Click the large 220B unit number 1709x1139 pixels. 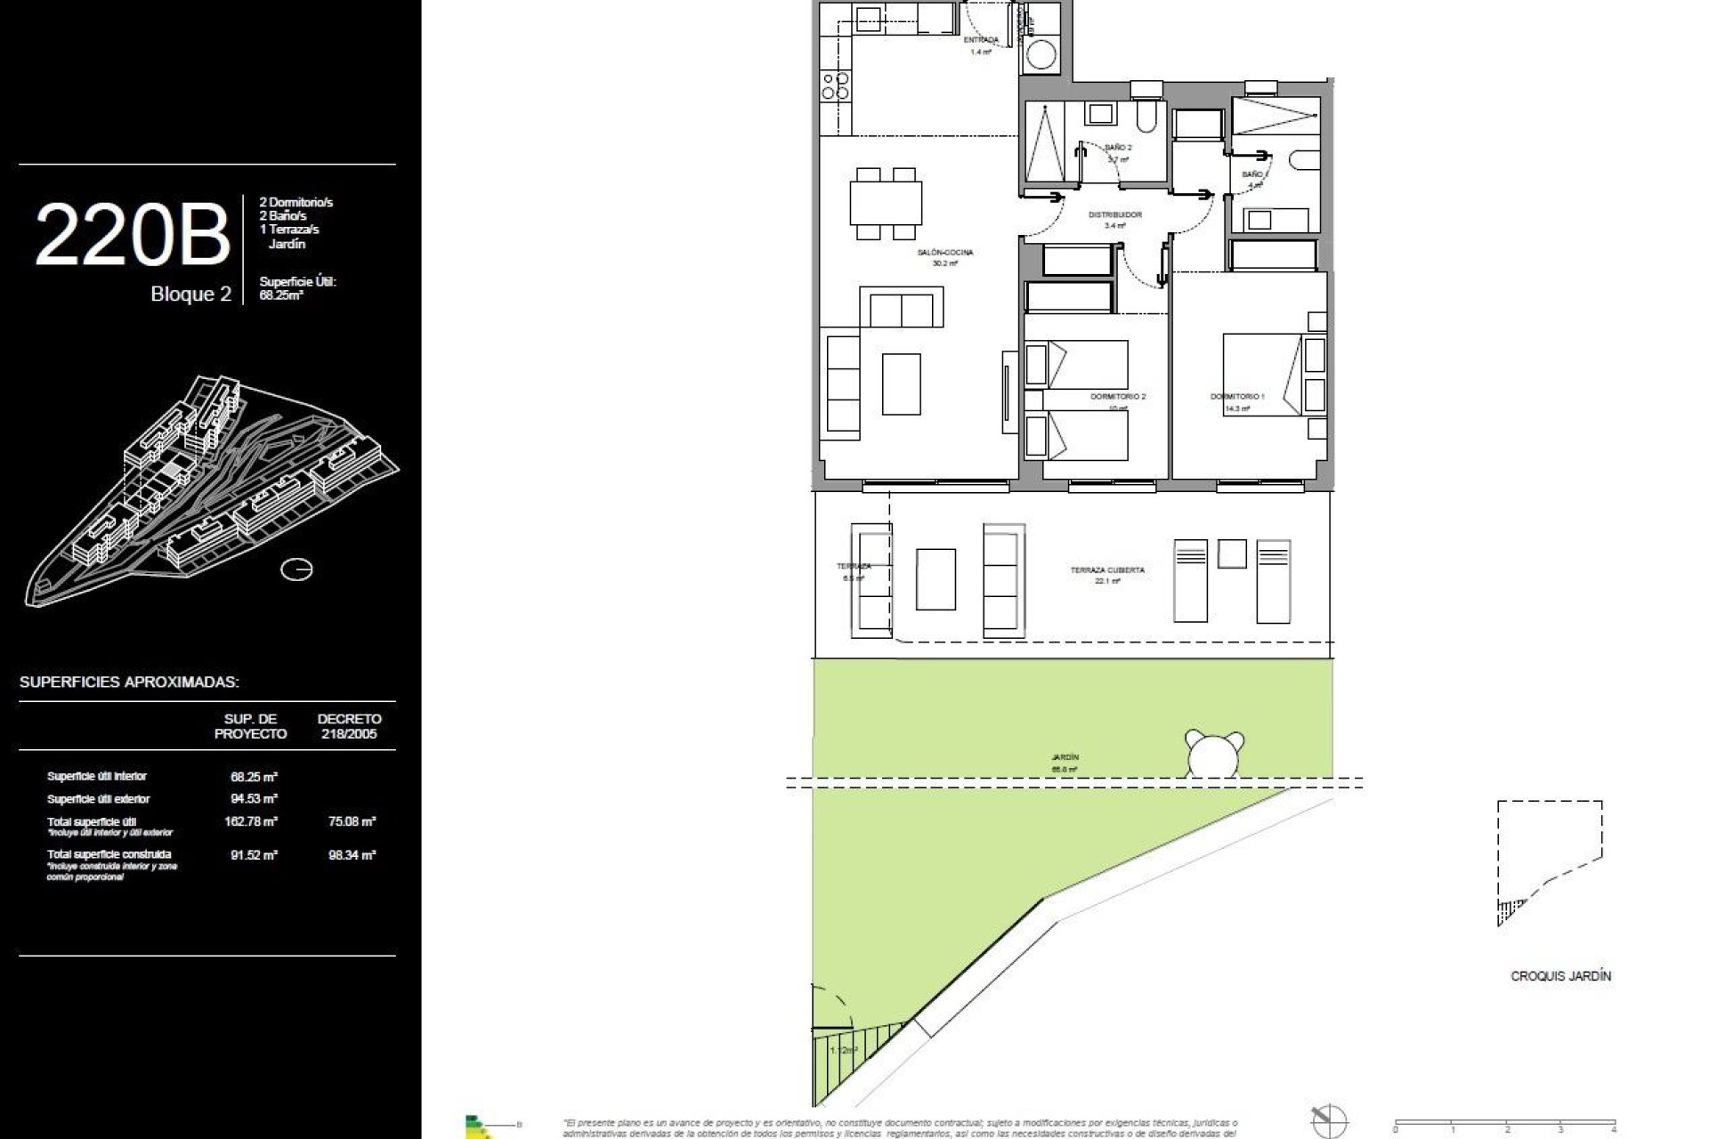(x=132, y=235)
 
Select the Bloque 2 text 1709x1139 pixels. (x=190, y=295)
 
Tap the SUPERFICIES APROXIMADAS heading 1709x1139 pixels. (x=129, y=683)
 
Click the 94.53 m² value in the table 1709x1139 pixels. (x=254, y=799)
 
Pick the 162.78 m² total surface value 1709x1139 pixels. (x=251, y=821)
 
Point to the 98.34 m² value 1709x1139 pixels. (x=352, y=854)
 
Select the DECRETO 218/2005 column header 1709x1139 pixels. (x=349, y=726)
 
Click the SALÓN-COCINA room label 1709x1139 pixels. (x=944, y=253)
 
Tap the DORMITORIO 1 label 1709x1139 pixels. (x=1236, y=396)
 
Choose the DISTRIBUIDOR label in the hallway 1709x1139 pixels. (x=1114, y=215)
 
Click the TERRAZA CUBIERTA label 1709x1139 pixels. (x=1107, y=569)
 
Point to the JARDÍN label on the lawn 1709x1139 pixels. (x=1064, y=757)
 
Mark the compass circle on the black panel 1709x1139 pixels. (x=296, y=569)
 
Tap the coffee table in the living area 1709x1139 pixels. (x=901, y=384)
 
